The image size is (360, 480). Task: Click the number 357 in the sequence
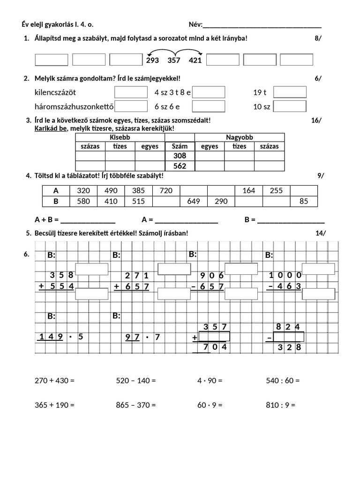173,60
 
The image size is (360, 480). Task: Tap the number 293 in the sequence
152,60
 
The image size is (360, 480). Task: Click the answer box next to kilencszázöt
131,92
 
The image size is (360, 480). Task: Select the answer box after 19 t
290,92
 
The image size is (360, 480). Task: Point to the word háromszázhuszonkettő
75,106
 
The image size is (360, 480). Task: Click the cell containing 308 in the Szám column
180,156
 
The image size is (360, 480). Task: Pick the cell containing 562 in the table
180,166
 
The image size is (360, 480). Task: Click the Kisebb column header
120,137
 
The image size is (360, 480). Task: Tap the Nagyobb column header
239,137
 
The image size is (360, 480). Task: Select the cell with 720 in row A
166,191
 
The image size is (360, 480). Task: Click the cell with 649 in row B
194,202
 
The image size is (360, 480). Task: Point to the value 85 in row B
304,202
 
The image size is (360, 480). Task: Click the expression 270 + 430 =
55,381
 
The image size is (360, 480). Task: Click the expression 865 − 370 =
136,405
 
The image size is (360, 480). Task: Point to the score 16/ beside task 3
316,120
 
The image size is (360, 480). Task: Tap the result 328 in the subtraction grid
289,347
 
